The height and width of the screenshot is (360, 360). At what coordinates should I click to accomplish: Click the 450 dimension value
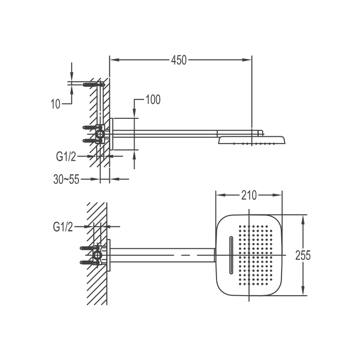[179, 60]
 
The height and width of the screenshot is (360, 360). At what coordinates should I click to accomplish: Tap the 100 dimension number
[153, 99]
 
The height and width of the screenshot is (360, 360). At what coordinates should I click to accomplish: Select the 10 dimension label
[55, 104]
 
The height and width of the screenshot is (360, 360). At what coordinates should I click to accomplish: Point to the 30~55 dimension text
[66, 179]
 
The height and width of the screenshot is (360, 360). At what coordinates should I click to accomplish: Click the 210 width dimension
[249, 195]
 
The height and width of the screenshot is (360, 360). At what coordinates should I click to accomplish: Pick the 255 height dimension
[303, 255]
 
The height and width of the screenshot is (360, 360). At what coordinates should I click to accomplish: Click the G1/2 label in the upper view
[66, 157]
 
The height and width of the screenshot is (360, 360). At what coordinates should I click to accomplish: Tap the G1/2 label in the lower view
[63, 227]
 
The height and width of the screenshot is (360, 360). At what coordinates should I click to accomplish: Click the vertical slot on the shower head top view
[231, 255]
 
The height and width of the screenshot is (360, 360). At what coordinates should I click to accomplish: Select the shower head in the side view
[252, 140]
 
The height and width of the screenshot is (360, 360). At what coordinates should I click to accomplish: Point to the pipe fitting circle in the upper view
[100, 134]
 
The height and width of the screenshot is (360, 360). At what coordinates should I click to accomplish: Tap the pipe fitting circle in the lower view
[97, 255]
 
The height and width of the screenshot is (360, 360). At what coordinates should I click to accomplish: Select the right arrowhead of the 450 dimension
[247, 60]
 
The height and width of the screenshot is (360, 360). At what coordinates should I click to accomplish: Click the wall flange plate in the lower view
[108, 255]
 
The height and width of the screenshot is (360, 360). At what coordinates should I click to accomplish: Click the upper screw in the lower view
[86, 248]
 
